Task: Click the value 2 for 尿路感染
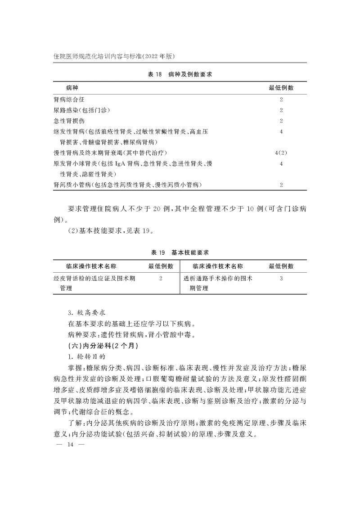[281, 110]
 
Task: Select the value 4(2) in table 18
[281, 153]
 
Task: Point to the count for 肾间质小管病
[281, 185]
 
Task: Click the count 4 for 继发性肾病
[281, 132]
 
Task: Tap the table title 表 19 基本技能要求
[180, 252]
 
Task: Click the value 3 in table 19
[281, 279]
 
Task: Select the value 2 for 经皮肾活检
[161, 279]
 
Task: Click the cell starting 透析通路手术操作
[218, 283]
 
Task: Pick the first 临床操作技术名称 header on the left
[94, 266]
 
